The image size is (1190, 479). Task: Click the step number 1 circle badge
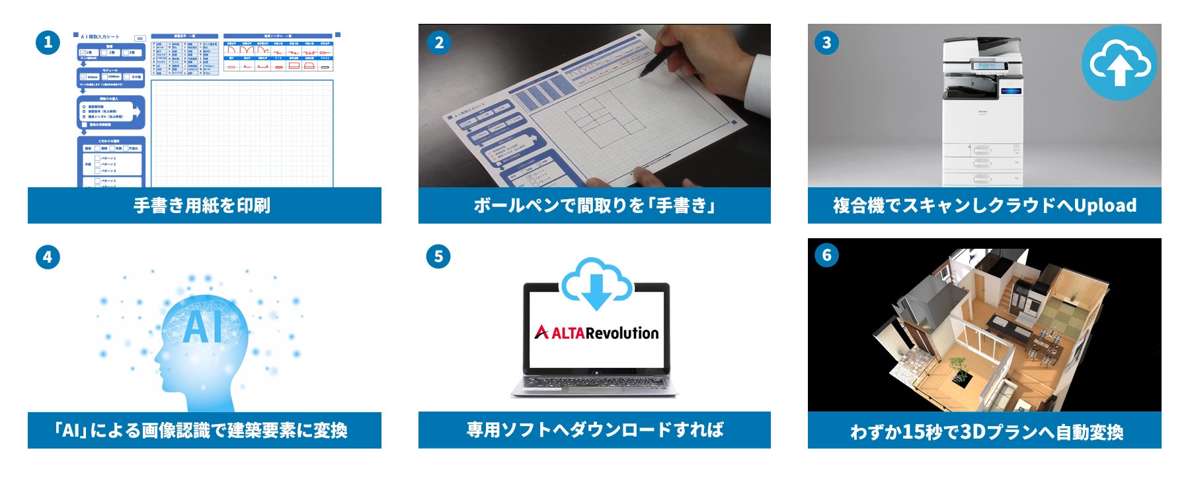48,43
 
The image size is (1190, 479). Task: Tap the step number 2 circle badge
439,43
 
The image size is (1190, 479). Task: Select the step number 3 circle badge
826,43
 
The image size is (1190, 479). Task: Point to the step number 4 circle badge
48,257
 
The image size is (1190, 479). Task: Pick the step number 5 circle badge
439,257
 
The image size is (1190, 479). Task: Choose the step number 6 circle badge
826,255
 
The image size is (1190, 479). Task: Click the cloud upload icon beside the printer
1119,64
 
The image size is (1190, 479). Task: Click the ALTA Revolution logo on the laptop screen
596,333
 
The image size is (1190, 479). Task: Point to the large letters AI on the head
202,326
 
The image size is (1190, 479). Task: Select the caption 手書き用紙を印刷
202,206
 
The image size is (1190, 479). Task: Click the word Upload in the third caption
1105,206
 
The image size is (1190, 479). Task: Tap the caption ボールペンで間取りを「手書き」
594,206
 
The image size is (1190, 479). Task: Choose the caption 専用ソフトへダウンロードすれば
594,430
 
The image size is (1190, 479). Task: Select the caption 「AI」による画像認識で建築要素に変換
202,431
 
